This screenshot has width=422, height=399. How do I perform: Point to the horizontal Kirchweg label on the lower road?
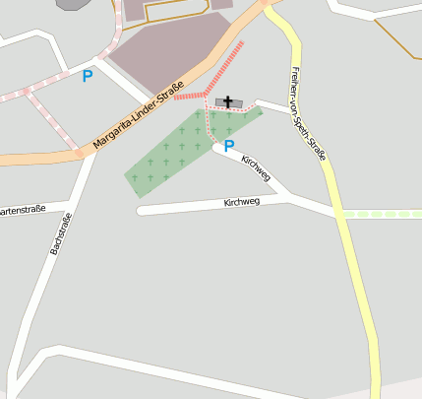pyautogui.click(x=241, y=201)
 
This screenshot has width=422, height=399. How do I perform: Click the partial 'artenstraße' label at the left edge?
pyautogui.click(x=21, y=210)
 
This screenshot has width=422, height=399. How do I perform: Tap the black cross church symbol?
pyautogui.click(x=229, y=101)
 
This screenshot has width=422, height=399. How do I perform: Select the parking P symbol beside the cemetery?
pyautogui.click(x=229, y=146)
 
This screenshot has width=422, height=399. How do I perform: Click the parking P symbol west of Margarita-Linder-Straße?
pyautogui.click(x=88, y=75)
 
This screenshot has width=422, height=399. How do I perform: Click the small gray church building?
pyautogui.click(x=239, y=102)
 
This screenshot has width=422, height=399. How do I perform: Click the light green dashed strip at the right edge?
pyautogui.click(x=384, y=214)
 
